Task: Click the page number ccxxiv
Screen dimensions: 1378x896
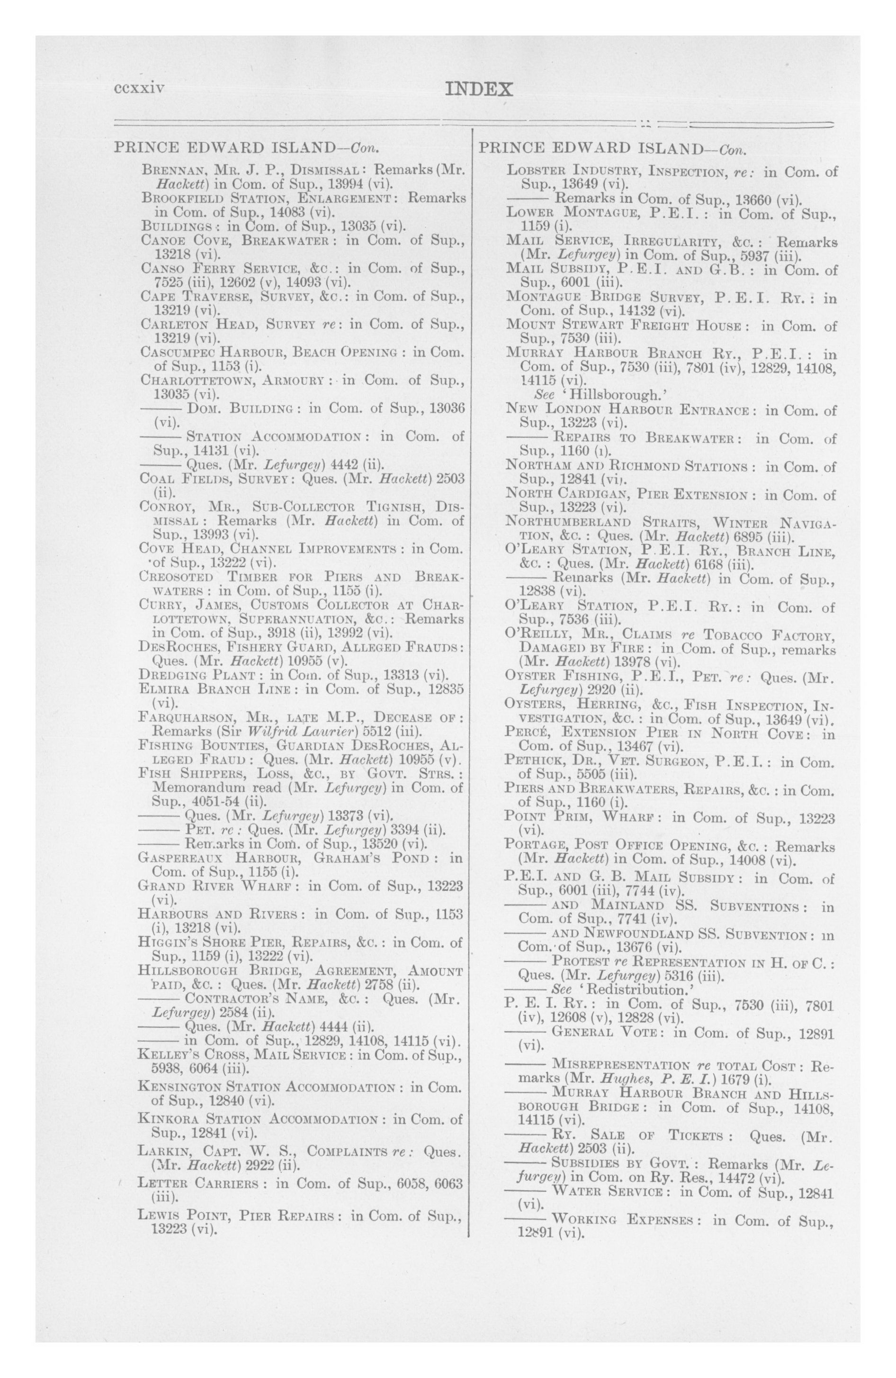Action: [140, 88]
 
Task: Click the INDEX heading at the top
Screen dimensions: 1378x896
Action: [479, 90]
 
